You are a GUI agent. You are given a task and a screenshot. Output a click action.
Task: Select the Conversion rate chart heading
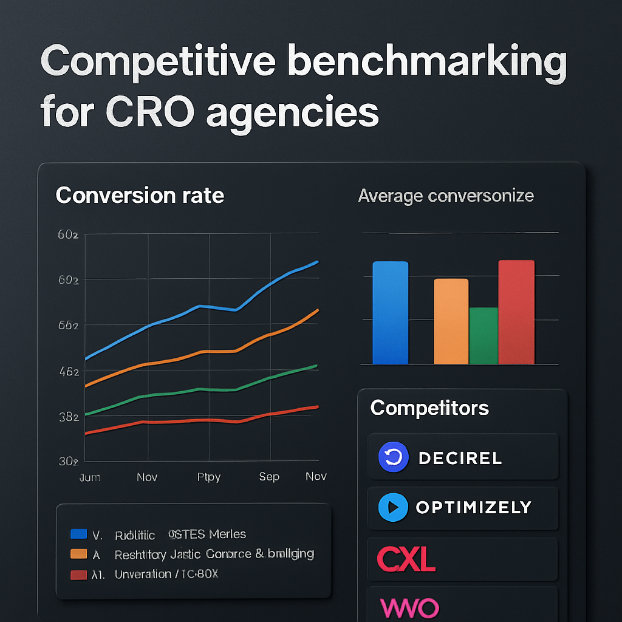tap(140, 196)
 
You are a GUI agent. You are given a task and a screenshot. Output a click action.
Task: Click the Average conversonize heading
tap(446, 196)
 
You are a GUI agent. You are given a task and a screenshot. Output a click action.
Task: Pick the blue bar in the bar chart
tap(390, 313)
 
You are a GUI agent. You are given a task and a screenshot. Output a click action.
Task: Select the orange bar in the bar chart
tap(451, 321)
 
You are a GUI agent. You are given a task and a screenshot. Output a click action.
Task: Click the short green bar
tap(484, 335)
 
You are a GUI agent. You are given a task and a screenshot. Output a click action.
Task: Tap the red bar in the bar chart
tap(516, 312)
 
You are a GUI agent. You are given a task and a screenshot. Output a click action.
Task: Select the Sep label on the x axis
tap(269, 477)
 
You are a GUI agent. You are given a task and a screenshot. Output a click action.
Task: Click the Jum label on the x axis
tap(90, 477)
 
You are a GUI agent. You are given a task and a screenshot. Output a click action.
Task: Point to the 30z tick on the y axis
tap(68, 461)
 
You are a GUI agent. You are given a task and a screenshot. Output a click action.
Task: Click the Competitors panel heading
tap(429, 408)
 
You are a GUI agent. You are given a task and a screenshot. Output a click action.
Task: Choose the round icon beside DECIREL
tap(394, 457)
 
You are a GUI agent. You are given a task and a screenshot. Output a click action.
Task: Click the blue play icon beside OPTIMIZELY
tap(392, 507)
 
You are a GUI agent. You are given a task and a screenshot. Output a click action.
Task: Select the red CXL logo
tap(406, 558)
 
